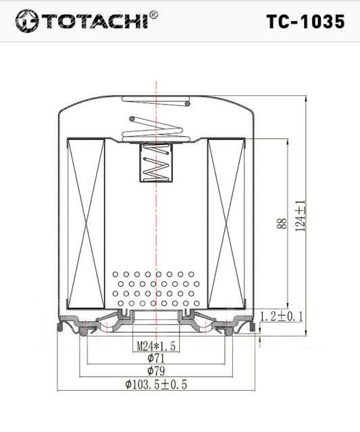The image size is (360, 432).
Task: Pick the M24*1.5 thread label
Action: (156, 346)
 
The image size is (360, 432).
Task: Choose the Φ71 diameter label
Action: (156, 359)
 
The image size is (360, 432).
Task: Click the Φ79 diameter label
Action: (156, 372)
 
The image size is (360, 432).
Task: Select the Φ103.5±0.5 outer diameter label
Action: (156, 385)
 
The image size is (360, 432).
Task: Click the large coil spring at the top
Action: (156, 127)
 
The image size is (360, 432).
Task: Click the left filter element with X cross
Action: (87, 221)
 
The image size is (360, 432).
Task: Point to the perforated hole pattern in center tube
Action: (156, 288)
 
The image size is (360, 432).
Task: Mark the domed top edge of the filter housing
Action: (156, 96)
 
